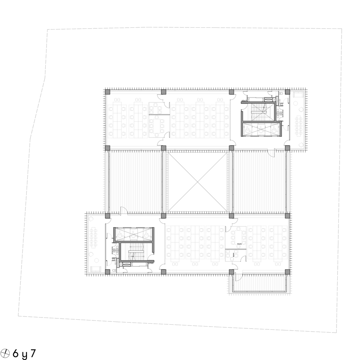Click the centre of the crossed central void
tap(197, 181)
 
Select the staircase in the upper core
tap(258, 112)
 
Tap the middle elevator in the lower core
tap(134, 234)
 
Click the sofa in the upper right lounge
tap(298, 95)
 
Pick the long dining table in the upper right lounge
tap(298, 126)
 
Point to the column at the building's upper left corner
tap(107, 92)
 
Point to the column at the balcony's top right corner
tap(287, 272)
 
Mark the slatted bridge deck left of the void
tap(135, 181)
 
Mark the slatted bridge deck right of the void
tap(259, 181)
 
